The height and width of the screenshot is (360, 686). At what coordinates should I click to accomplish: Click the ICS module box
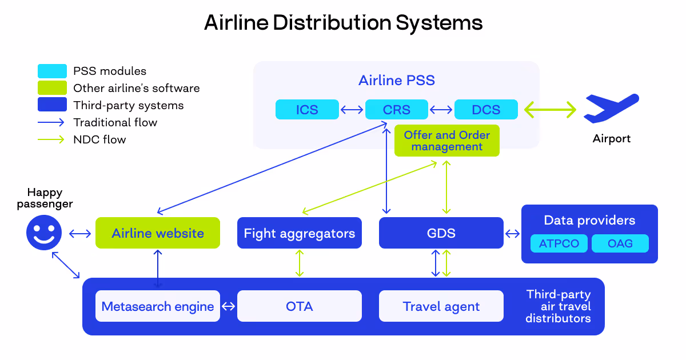point(307,110)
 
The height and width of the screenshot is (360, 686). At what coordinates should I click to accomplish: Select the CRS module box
point(396,110)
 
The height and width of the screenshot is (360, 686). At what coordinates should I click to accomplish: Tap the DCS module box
point(486,110)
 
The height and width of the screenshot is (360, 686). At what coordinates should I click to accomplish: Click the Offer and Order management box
point(446,141)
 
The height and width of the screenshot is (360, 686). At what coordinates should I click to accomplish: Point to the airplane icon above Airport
point(610,109)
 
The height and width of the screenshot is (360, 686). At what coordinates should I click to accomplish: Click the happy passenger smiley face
point(44,233)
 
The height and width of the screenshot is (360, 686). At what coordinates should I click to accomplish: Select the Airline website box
point(158,233)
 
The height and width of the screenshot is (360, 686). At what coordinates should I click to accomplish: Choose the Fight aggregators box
point(300,233)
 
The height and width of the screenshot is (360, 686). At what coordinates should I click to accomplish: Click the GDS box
point(441,233)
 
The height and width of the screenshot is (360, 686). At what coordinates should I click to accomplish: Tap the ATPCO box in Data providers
point(559,243)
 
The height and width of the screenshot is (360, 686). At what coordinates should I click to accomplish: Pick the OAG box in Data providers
point(620,243)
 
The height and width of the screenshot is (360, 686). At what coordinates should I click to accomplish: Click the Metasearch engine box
point(158,306)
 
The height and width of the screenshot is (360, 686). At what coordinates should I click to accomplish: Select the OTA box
point(300,306)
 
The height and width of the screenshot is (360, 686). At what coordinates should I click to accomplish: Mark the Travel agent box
point(441,306)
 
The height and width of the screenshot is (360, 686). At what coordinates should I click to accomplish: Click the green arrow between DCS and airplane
point(551,109)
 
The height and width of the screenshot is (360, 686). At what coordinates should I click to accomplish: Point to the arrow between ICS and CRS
point(353,110)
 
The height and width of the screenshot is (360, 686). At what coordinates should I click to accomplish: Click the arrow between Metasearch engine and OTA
point(229,306)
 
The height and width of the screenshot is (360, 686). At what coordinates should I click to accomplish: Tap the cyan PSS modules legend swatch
point(52,71)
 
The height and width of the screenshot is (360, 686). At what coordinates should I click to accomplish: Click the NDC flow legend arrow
point(52,139)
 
